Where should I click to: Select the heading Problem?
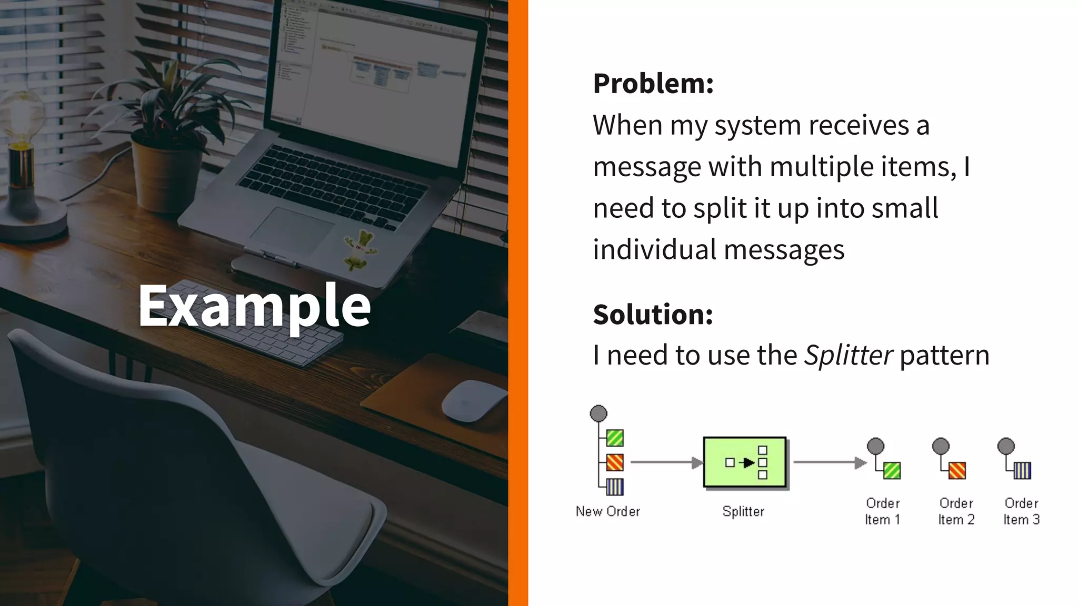(x=653, y=84)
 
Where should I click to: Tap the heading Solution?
(x=653, y=315)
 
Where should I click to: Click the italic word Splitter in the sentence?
(x=848, y=355)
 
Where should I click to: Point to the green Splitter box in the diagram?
(x=745, y=462)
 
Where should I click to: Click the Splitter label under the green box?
(x=743, y=511)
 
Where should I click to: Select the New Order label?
(x=607, y=511)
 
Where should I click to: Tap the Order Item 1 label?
(x=883, y=511)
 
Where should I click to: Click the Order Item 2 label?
(x=956, y=511)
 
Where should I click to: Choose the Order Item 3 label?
(x=1021, y=511)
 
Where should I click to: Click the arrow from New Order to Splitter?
(x=666, y=462)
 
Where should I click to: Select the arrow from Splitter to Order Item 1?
(x=830, y=462)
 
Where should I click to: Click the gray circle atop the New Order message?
(x=598, y=413)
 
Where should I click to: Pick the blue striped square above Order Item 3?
(x=1022, y=470)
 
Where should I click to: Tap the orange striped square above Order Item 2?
(x=957, y=470)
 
